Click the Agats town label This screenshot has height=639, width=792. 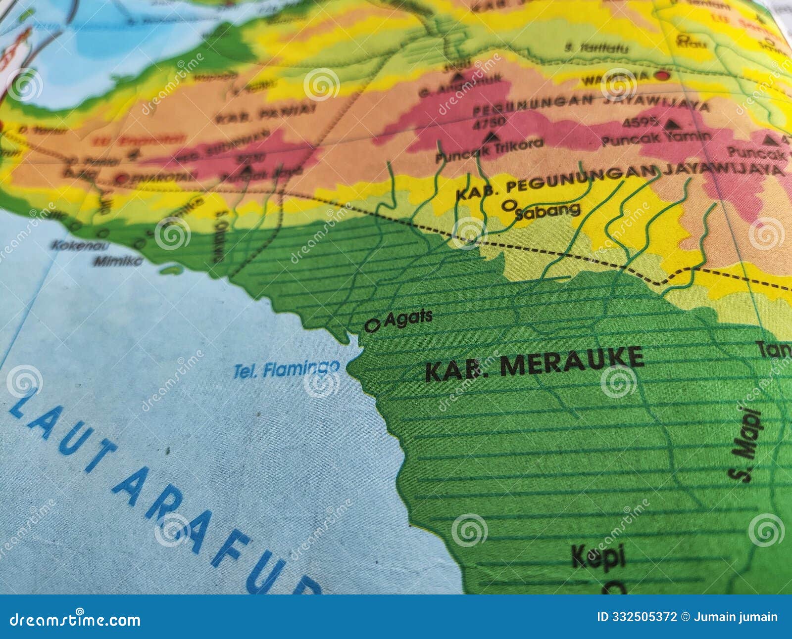[x=408, y=318]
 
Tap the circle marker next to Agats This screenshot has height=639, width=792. [x=372, y=325]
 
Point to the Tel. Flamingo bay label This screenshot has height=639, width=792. [x=287, y=369]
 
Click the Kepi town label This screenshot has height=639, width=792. [x=598, y=557]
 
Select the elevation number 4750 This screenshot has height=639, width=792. [x=489, y=122]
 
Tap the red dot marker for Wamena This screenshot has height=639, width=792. [x=661, y=75]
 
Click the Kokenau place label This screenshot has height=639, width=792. [x=74, y=245]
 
